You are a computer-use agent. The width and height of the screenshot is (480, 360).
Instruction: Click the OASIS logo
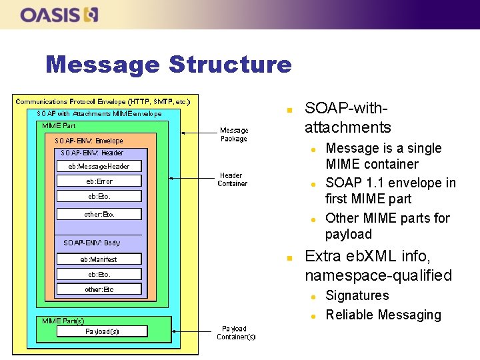click(x=59, y=14)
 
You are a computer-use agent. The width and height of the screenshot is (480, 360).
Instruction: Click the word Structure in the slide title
click(x=230, y=65)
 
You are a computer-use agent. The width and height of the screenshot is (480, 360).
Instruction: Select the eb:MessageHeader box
click(x=99, y=166)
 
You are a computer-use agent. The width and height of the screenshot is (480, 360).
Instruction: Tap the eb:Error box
click(x=99, y=181)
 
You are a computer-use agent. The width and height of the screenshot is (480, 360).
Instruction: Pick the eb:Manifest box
click(x=99, y=259)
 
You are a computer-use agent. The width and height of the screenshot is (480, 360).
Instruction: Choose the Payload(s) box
click(x=102, y=331)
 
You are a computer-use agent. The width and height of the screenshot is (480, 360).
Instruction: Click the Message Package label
click(x=234, y=135)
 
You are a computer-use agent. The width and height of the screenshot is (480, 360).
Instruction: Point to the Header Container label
click(x=233, y=179)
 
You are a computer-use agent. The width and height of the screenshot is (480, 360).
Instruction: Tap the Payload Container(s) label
click(x=236, y=333)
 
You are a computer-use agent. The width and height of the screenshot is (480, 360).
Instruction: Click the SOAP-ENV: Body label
click(x=92, y=243)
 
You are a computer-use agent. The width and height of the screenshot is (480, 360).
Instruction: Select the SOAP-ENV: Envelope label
click(x=89, y=141)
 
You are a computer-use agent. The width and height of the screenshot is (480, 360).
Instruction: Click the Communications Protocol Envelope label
click(x=103, y=101)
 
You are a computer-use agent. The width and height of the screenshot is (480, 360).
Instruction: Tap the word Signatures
click(x=357, y=295)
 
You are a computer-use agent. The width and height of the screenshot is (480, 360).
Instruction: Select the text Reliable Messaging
click(x=383, y=315)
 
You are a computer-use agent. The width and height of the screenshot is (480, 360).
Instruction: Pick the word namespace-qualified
click(x=378, y=275)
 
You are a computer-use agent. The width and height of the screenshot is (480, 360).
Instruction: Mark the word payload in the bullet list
click(x=348, y=234)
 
